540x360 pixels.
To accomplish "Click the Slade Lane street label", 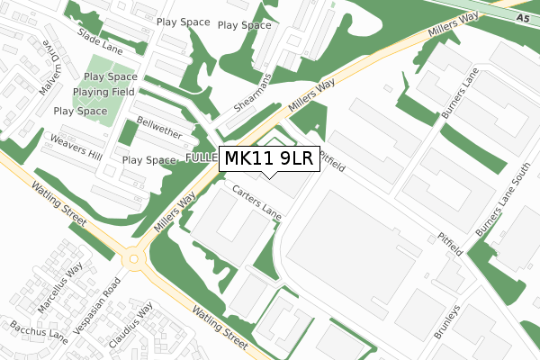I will (x=100, y=37).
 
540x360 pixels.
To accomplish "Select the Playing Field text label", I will (x=104, y=92).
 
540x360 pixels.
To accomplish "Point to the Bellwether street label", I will (x=159, y=128).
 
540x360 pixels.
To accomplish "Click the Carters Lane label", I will (x=257, y=203).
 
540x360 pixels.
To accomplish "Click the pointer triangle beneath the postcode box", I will (x=267, y=175).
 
